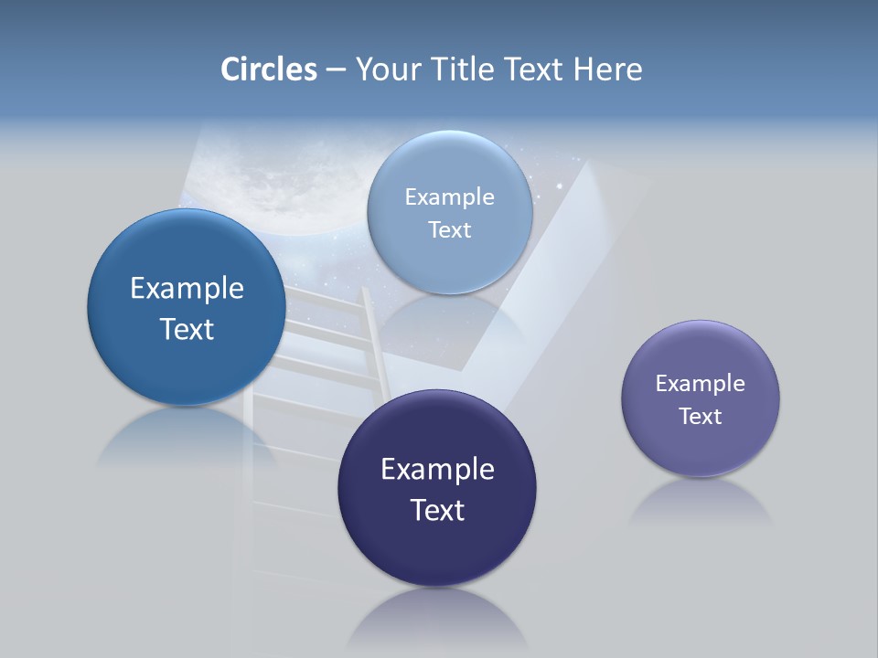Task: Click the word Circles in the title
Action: (x=269, y=69)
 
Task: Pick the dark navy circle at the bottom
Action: (x=437, y=548)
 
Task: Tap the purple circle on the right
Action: (x=701, y=448)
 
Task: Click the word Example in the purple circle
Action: (x=701, y=384)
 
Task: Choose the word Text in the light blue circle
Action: (x=450, y=230)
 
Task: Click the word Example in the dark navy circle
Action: (x=437, y=470)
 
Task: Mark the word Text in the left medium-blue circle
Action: (x=187, y=329)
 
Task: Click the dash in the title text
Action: (x=336, y=69)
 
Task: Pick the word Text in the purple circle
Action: (x=701, y=417)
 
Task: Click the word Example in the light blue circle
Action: (x=450, y=197)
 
